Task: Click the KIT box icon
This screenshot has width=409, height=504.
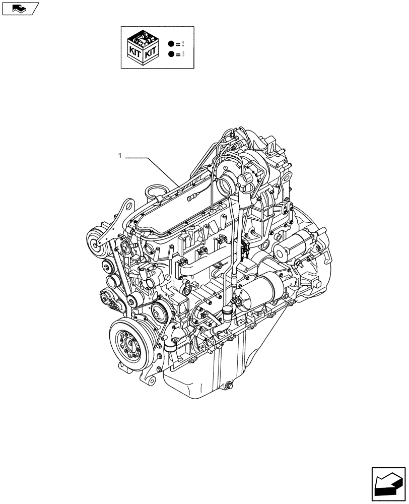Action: click(144, 47)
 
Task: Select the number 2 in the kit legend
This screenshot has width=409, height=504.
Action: click(182, 44)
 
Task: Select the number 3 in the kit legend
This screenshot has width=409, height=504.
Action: click(182, 53)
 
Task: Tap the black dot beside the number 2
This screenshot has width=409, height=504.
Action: click(172, 44)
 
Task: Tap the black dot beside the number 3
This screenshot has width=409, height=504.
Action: click(172, 53)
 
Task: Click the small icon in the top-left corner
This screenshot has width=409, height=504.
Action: click(19, 8)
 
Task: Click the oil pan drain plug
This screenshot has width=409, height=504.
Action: click(229, 387)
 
